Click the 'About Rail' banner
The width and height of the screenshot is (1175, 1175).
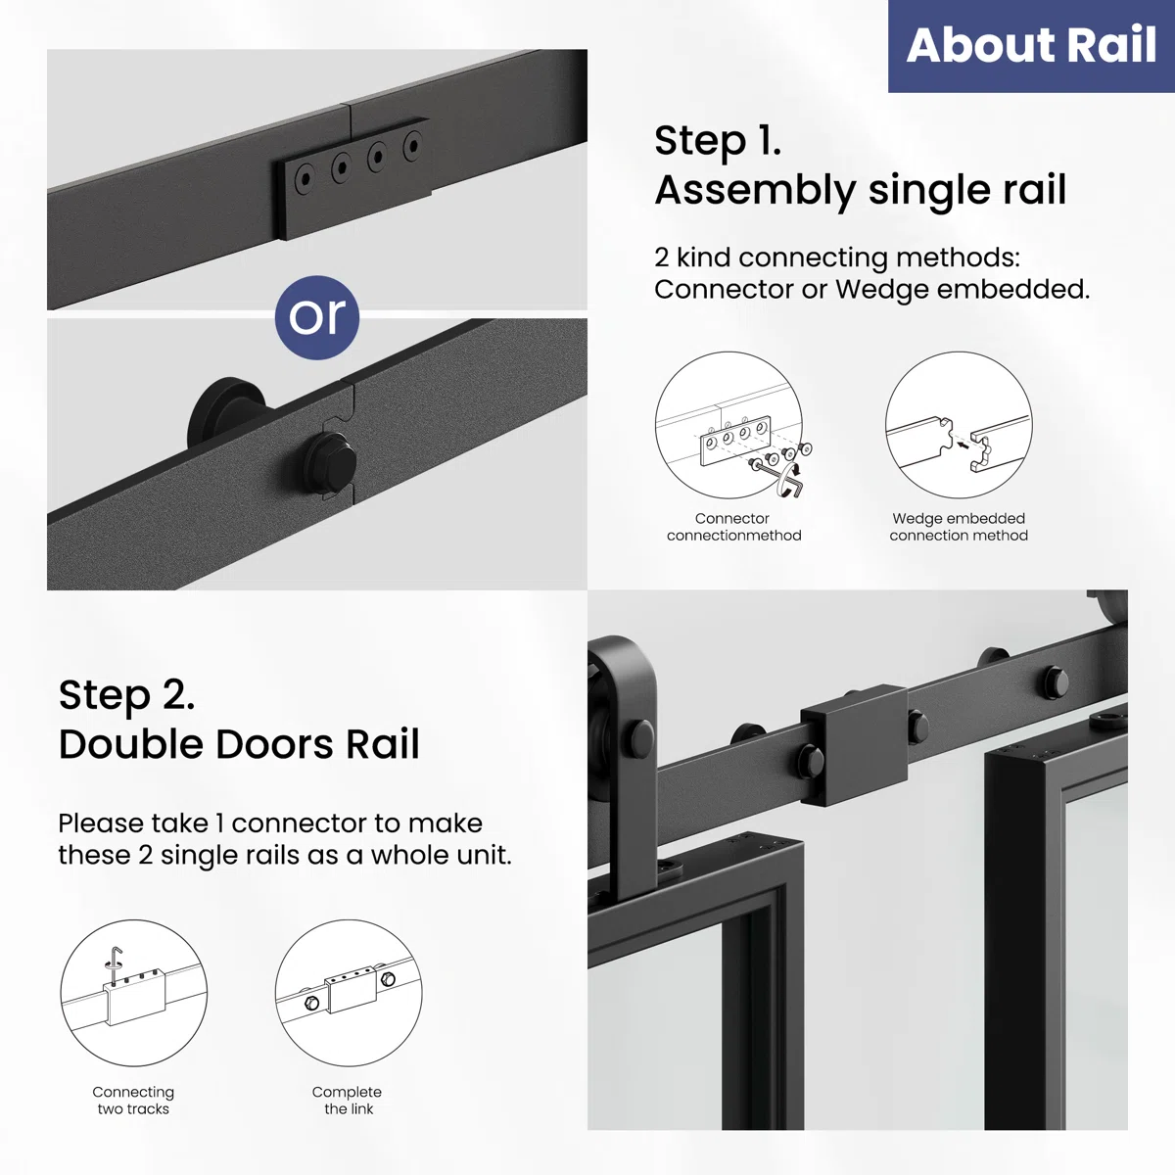click(x=1031, y=46)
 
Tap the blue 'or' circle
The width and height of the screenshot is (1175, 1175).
click(x=317, y=317)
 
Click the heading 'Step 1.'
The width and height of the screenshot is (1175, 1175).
click(x=718, y=142)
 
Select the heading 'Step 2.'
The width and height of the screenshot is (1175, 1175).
click(x=127, y=696)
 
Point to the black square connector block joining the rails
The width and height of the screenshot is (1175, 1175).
click(x=854, y=746)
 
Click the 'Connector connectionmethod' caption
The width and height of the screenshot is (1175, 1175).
click(x=733, y=527)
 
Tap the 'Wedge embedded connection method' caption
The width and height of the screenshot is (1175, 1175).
click(x=959, y=527)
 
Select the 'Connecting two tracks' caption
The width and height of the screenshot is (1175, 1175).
click(x=133, y=1100)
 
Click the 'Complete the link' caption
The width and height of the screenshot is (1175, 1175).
click(x=348, y=1100)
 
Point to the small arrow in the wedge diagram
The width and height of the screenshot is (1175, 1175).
click(x=963, y=446)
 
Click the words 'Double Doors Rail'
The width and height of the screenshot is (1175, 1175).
click(x=239, y=744)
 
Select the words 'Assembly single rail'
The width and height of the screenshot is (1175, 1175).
click(x=861, y=190)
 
